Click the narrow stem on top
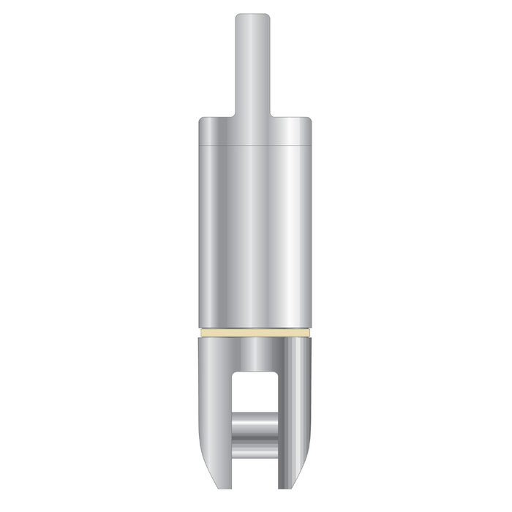point(253,66)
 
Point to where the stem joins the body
point(253,115)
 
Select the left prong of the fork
point(214,410)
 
